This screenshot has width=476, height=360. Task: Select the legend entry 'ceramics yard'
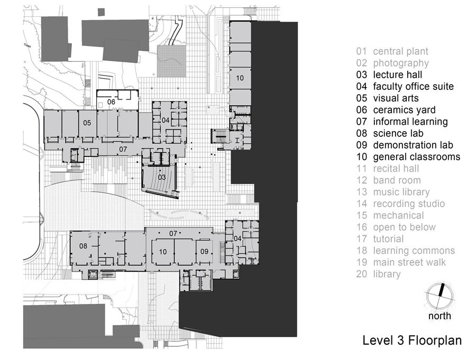(396, 110)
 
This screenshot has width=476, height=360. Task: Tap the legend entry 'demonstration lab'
(405, 145)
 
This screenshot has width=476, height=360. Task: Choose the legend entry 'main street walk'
(401, 262)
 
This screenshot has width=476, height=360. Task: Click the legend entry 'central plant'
(392, 51)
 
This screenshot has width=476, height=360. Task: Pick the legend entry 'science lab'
(390, 133)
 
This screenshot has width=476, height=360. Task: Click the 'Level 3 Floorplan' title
(412, 340)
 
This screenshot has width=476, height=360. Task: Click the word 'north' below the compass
(440, 316)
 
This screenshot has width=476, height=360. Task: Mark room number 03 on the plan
(162, 177)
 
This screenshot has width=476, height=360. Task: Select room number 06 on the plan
(111, 102)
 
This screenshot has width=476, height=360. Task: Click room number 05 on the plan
(87, 123)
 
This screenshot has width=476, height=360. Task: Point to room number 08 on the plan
(83, 246)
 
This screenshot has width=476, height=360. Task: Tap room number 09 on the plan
(204, 251)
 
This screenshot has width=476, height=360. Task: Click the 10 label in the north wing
(240, 78)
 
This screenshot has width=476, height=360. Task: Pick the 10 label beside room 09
(163, 252)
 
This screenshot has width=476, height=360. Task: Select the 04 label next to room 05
(166, 120)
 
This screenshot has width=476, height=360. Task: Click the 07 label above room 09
(173, 234)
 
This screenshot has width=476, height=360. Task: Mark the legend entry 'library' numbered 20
(378, 274)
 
